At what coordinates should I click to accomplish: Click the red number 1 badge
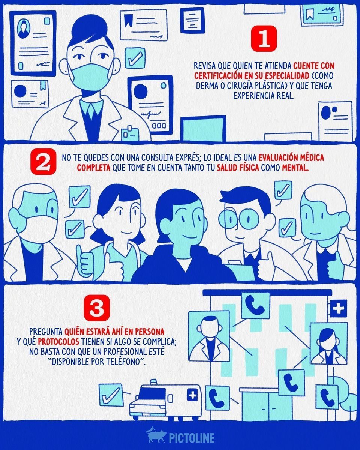(264, 39)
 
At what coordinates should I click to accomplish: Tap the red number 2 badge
(43, 162)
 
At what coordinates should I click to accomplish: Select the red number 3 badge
(97, 308)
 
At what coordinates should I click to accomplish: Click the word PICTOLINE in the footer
(192, 438)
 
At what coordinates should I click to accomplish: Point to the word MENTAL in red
(295, 168)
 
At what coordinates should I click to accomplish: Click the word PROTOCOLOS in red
(58, 342)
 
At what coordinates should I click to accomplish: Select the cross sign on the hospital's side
(338, 308)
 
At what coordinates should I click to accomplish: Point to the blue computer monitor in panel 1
(203, 128)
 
